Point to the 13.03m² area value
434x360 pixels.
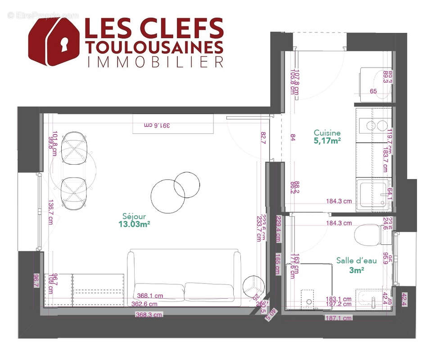(134, 224)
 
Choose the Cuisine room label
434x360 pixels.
(327, 133)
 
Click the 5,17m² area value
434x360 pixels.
(327, 141)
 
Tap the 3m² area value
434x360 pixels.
(356, 270)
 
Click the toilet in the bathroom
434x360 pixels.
(368, 234)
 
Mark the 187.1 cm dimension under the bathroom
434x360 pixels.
(339, 318)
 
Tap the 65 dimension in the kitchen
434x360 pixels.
(373, 91)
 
